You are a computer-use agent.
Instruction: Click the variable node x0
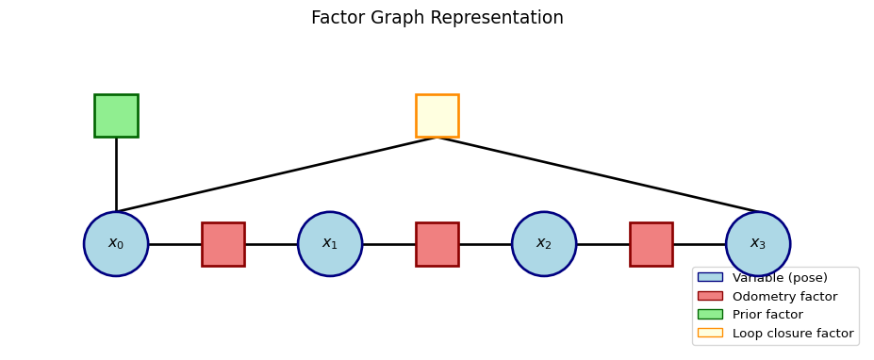pos(116,244)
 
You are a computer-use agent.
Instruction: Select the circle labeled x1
pos(330,244)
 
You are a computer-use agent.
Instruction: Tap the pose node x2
pos(544,244)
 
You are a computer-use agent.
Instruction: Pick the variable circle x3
pos(758,244)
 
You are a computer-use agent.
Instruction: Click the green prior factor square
pos(116,116)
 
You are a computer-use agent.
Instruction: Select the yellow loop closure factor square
pos(437,116)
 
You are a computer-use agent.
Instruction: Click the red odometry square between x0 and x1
pos(223,244)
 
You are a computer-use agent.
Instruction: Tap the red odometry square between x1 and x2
pos(437,244)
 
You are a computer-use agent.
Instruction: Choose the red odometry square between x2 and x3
pos(651,244)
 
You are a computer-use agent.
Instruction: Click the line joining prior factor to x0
pos(116,174)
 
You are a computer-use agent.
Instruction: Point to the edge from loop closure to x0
pos(277,174)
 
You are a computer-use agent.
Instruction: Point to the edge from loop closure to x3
pos(598,174)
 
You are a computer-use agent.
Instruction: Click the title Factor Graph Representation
pos(437,18)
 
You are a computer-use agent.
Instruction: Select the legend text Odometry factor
pos(784,297)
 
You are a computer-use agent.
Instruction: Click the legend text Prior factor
pos(767,315)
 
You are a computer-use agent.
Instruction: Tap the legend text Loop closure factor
pos(793,334)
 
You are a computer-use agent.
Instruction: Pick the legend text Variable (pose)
pos(780,278)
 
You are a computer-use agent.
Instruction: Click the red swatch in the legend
pos(710,296)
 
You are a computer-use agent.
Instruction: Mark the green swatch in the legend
pos(710,315)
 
